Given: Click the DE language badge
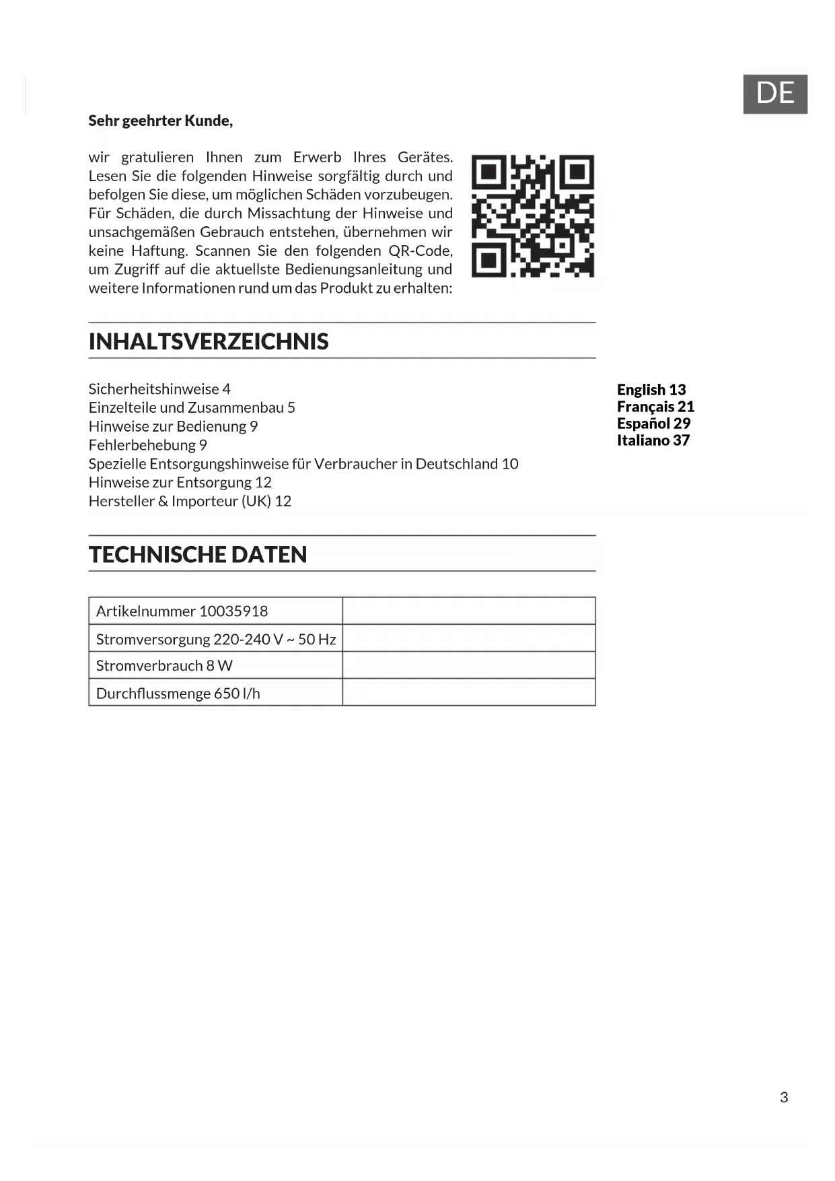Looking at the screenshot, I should (x=774, y=94).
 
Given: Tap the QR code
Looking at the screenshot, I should (x=532, y=215).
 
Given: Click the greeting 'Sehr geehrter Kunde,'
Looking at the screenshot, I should (x=160, y=121).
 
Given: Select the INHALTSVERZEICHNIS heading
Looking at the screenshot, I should (x=209, y=341).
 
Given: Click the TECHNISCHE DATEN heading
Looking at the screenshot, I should (x=198, y=554).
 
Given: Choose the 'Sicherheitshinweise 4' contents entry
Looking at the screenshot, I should (x=159, y=389).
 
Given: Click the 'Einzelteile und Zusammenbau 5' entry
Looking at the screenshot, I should (x=192, y=407).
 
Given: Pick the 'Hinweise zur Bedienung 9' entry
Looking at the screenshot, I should (x=173, y=426).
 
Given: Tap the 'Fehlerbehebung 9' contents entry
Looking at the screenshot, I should (x=147, y=445).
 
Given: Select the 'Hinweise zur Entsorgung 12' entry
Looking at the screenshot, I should (x=180, y=482).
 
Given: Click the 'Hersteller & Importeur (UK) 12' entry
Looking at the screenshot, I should (x=190, y=501).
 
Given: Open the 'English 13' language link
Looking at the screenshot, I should (x=651, y=390).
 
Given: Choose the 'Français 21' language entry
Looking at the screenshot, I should (x=655, y=407).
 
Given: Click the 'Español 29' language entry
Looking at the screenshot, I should (x=653, y=424).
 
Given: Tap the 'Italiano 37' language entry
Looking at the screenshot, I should (x=653, y=440).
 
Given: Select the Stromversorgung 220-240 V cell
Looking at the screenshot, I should (x=215, y=639).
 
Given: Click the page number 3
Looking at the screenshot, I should (x=784, y=1098).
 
